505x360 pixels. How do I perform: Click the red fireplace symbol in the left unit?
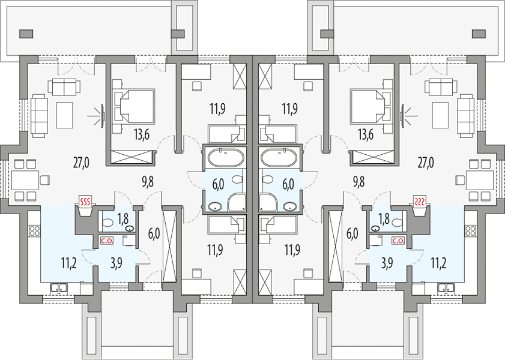pyautogui.click(x=85, y=202)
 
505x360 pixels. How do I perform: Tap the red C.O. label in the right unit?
pyautogui.click(x=398, y=241)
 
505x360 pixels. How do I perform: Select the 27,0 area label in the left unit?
pyautogui.click(x=81, y=163)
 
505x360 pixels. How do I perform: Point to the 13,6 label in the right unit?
pyautogui.click(x=366, y=135)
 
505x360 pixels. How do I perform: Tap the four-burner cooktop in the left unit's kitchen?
pyautogui.click(x=34, y=230)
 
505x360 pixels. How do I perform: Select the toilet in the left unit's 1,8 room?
pyautogui.click(x=107, y=223)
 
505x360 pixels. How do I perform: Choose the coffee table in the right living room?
pyautogui.click(x=440, y=115)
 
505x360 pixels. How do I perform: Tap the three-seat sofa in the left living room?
pyautogui.click(x=39, y=116)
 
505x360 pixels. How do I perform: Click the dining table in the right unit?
pyautogui.click(x=480, y=180)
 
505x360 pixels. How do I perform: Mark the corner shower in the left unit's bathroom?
pyautogui.click(x=237, y=202)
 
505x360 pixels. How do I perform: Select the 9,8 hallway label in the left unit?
pyautogui.click(x=148, y=182)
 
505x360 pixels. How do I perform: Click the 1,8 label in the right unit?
pyautogui.click(x=384, y=219)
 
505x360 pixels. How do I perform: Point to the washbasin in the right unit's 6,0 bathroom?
pyautogui.click(x=290, y=206)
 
